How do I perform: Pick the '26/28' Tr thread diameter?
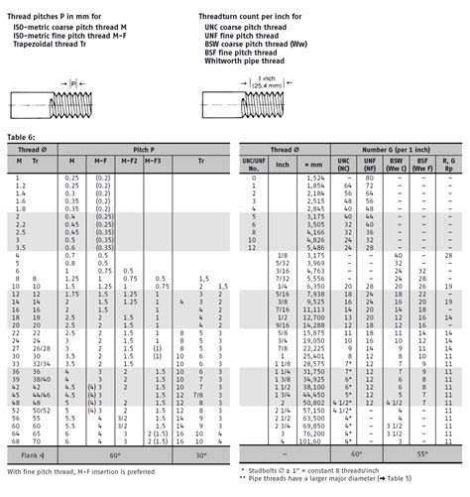41,348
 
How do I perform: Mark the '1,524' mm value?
315,185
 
